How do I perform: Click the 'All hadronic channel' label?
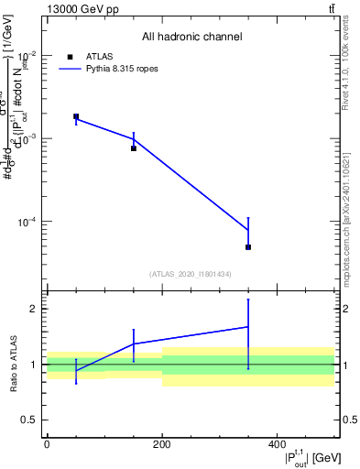[191, 38]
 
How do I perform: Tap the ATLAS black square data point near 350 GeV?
[248, 247]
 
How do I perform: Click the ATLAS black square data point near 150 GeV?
[134, 148]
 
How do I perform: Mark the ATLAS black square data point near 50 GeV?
[76, 116]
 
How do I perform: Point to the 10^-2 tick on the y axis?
[27, 54]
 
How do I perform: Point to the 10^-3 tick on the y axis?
[27, 138]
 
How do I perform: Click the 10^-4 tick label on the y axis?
[27, 223]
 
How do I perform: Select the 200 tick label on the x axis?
[162, 444]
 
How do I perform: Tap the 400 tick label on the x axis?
[277, 444]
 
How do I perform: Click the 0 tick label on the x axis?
[47, 444]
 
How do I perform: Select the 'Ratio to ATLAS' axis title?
[12, 364]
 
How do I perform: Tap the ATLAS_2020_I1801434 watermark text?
[190, 274]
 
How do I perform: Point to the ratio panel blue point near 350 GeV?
[248, 327]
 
